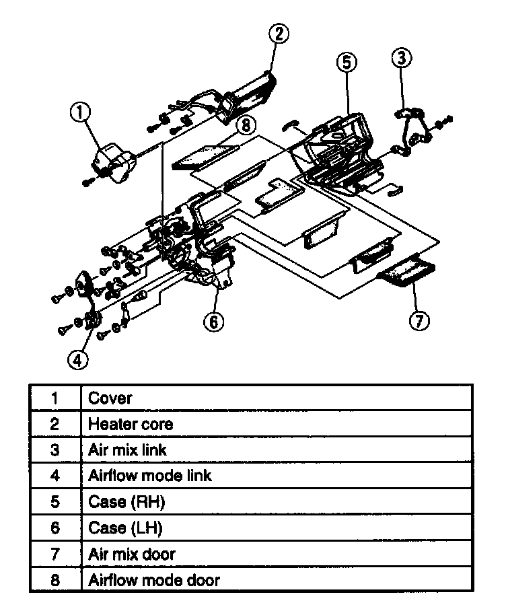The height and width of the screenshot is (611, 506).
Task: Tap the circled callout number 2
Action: click(x=279, y=34)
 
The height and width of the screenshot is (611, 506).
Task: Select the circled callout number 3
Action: click(x=401, y=59)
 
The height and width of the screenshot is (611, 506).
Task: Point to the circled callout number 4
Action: click(x=78, y=360)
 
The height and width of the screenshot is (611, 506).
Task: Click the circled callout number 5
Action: click(x=345, y=63)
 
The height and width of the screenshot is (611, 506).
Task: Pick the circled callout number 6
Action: click(x=213, y=322)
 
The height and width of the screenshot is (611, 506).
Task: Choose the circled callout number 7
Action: click(x=419, y=321)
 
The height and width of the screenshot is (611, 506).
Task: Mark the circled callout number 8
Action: click(x=247, y=125)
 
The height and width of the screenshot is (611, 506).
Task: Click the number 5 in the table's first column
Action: click(x=55, y=502)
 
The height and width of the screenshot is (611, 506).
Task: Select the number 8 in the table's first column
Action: click(x=55, y=579)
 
